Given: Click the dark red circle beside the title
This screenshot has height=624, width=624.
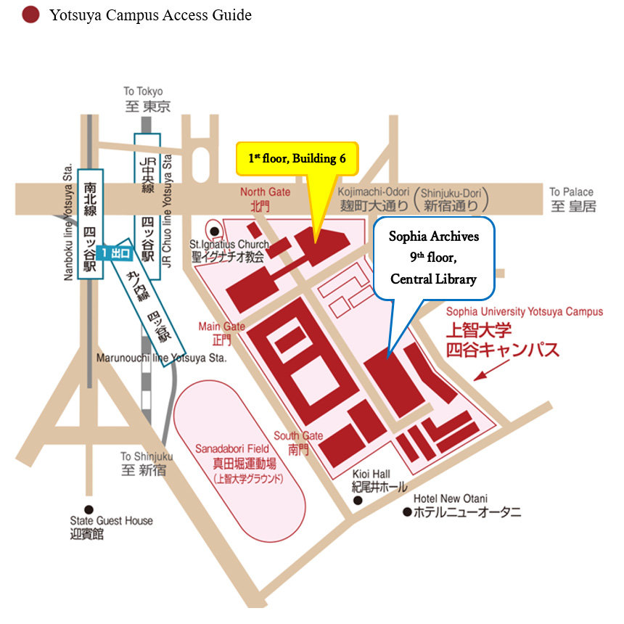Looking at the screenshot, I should pyautogui.click(x=30, y=15).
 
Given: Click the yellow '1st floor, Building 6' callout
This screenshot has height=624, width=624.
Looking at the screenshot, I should pyautogui.click(x=297, y=159).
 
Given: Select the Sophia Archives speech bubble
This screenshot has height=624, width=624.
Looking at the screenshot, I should pyautogui.click(x=434, y=258).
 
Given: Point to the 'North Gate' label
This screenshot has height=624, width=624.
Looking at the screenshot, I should pyautogui.click(x=266, y=192).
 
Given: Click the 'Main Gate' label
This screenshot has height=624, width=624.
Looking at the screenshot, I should pyautogui.click(x=222, y=327).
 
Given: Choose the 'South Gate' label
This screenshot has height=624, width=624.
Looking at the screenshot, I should pyautogui.click(x=298, y=435).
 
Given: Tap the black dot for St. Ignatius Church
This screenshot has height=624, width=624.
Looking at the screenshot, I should pyautogui.click(x=215, y=231).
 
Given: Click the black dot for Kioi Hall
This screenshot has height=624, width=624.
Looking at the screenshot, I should pyautogui.click(x=358, y=501).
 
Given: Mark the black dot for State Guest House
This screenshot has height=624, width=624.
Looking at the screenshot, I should pyautogui.click(x=89, y=509).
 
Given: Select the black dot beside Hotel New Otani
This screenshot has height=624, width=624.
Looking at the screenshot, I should pyautogui.click(x=407, y=512).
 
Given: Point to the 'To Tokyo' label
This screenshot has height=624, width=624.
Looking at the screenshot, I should pyautogui.click(x=143, y=91).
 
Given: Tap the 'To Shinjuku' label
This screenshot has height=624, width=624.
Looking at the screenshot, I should pyautogui.click(x=147, y=456).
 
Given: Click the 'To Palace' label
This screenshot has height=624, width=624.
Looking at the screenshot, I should pyautogui.click(x=571, y=192).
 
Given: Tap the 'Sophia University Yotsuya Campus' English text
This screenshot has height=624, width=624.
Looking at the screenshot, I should pyautogui.click(x=525, y=311).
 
